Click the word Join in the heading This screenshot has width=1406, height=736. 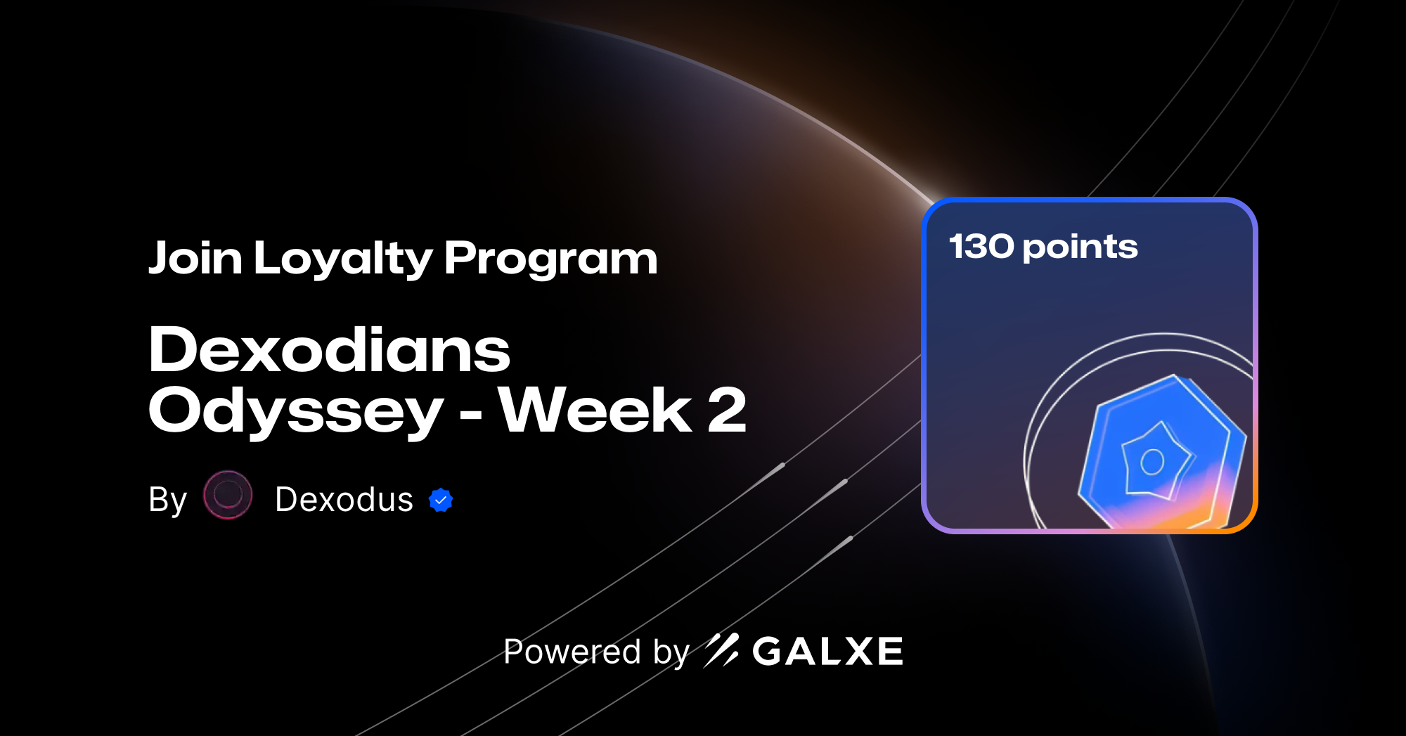click(195, 258)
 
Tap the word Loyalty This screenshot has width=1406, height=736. click(343, 259)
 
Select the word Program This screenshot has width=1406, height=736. click(550, 259)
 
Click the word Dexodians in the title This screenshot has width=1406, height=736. click(329, 349)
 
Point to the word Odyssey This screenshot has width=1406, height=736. click(295, 411)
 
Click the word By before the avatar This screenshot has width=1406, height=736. click(167, 501)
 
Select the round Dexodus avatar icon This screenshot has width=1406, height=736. click(228, 495)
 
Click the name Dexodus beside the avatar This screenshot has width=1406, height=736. click(344, 500)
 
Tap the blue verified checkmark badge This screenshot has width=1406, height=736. click(441, 500)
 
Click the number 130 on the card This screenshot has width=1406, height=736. click(981, 247)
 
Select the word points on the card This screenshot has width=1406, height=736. click(1080, 247)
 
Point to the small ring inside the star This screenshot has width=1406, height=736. click(1152, 462)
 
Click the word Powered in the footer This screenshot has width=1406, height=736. click(572, 652)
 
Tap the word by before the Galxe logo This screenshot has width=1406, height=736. click(671, 652)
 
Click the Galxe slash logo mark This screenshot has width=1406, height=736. click(721, 650)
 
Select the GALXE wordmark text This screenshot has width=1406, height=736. click(827, 652)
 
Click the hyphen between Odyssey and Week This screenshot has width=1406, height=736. click(470, 414)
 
